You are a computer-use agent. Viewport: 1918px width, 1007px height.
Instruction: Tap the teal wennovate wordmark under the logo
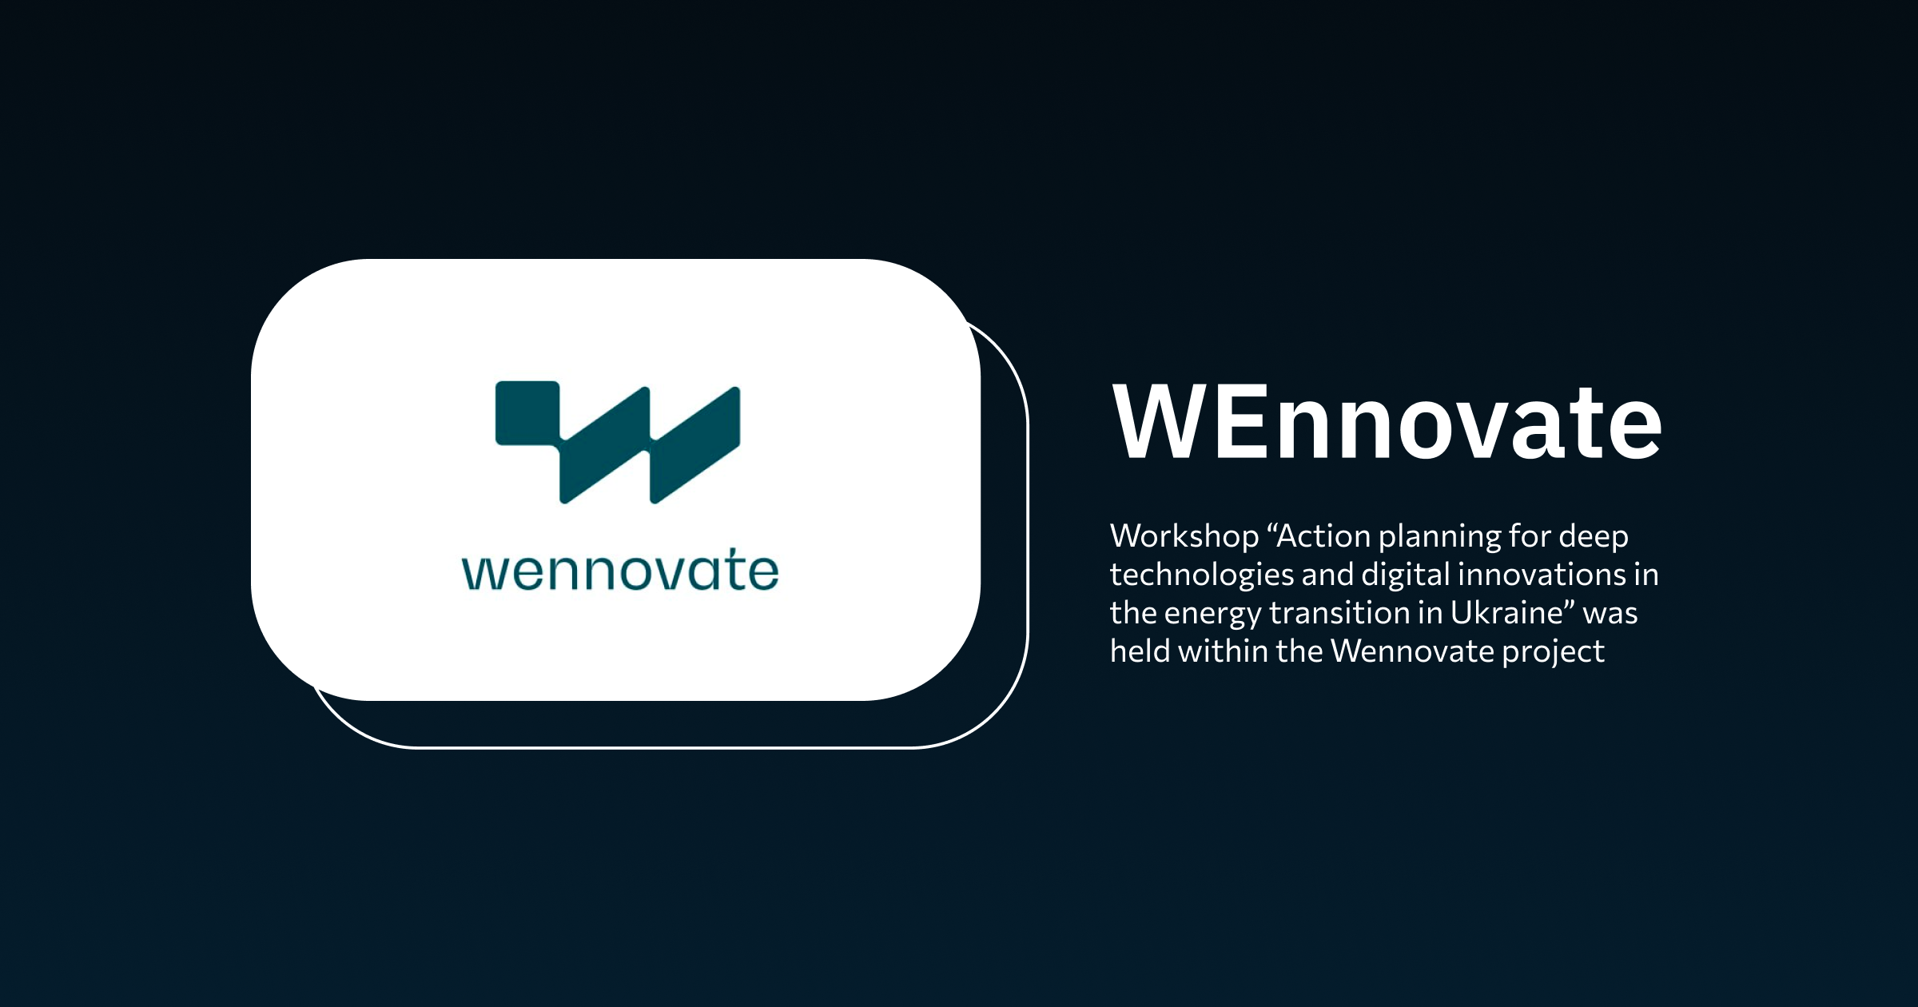point(620,571)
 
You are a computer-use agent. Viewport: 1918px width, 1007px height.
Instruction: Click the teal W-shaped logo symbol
point(618,442)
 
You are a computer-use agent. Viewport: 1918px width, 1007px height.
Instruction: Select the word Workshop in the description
point(1184,536)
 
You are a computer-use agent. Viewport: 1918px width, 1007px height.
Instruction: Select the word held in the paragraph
point(1140,651)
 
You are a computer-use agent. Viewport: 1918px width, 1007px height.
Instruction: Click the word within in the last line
point(1223,651)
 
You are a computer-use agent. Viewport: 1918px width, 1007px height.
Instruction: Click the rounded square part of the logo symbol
point(527,412)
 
